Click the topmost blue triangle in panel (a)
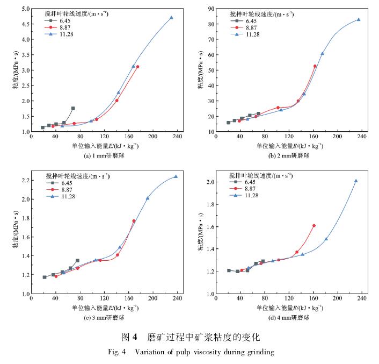click(171, 18)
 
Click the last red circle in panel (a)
click(137, 67)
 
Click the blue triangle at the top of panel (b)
click(359, 19)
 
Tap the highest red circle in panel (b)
click(315, 66)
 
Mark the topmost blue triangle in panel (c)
click(176, 176)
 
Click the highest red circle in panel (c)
click(134, 221)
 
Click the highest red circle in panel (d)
click(314, 226)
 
